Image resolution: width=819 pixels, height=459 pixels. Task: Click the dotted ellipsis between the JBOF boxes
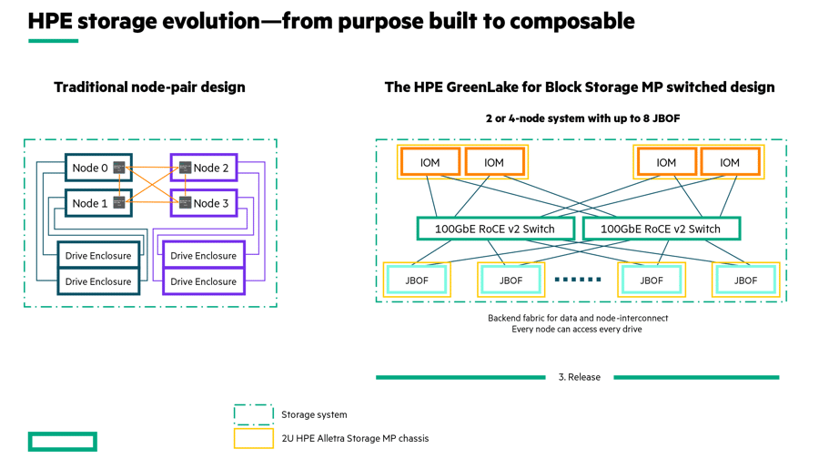click(578, 280)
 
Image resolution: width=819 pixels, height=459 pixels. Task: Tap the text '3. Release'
click(580, 377)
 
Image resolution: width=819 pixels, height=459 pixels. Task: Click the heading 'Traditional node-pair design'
click(149, 87)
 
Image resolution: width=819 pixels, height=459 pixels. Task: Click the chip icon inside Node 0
click(119, 168)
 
